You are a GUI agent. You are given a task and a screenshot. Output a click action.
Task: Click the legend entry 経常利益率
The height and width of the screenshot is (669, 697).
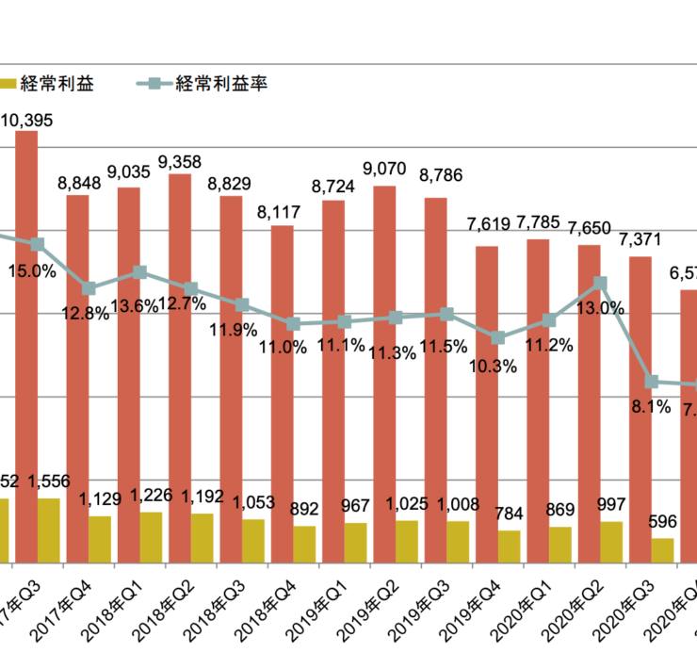[222, 83]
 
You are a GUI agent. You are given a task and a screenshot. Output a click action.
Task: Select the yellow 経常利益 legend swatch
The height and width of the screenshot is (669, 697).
[7, 83]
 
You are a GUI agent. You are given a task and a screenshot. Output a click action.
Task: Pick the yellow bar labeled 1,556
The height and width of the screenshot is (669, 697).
[49, 530]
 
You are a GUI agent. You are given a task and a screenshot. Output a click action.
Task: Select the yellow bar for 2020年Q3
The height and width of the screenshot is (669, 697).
[663, 550]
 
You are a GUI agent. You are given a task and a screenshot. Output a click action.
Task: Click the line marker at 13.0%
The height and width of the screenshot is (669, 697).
[600, 283]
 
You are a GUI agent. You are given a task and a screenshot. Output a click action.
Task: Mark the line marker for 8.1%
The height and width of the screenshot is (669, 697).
[651, 382]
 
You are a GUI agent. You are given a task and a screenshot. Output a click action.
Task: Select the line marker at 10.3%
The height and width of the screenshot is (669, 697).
[498, 337]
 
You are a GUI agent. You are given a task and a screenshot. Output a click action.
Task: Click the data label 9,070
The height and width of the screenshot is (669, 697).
[383, 170]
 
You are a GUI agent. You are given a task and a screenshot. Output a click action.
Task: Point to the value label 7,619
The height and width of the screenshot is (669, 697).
[488, 224]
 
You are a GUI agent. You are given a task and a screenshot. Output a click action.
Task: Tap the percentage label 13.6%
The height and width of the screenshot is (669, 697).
[135, 305]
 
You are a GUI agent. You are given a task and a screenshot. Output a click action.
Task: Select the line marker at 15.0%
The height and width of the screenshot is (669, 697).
[39, 244]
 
